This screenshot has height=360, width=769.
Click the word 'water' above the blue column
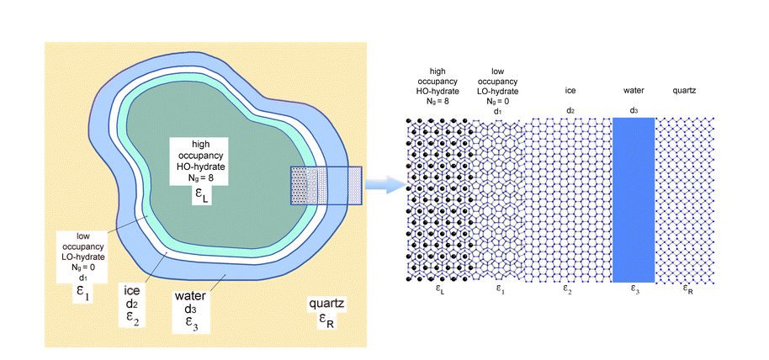click(x=634, y=88)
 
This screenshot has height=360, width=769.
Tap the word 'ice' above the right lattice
click(x=570, y=88)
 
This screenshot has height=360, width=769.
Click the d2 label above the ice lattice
click(x=570, y=109)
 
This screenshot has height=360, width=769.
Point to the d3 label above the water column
click(x=634, y=109)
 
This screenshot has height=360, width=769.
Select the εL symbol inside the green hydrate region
click(x=199, y=198)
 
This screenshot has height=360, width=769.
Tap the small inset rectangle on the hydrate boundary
click(x=326, y=185)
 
